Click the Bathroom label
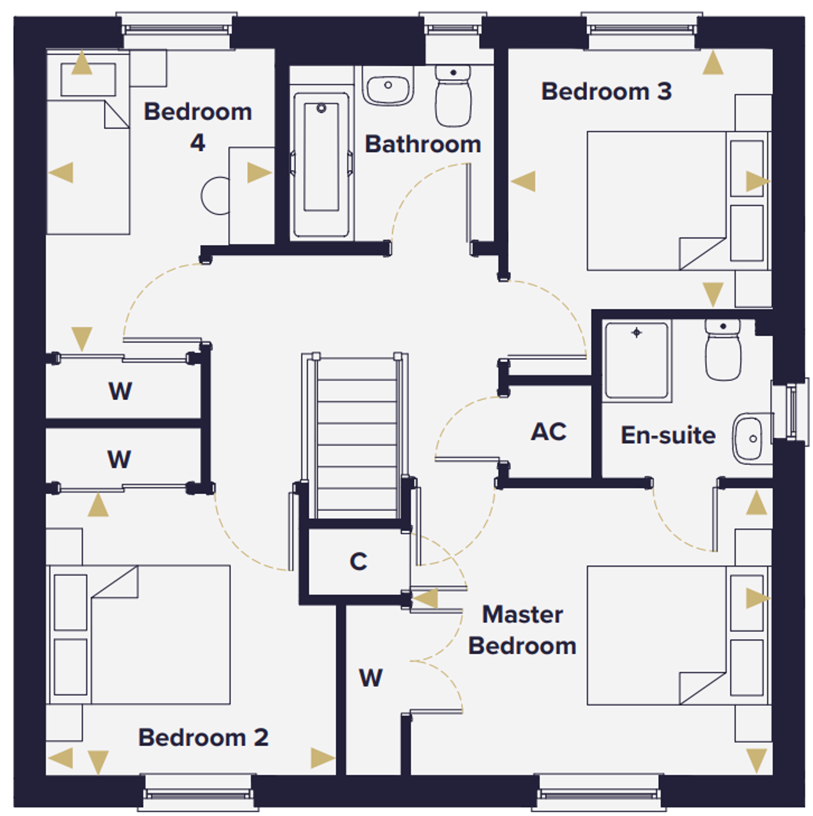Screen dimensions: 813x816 click(x=423, y=144)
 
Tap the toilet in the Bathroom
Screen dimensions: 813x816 click(x=453, y=95)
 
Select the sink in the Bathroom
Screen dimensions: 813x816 click(x=387, y=86)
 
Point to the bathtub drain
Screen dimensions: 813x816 click(x=321, y=108)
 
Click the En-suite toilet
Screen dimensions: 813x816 click(x=723, y=350)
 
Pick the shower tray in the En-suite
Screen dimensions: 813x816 click(x=637, y=361)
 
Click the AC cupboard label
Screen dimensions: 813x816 click(x=548, y=432)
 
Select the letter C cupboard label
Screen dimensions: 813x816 click(x=358, y=561)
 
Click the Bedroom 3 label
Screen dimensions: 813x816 click(x=606, y=91)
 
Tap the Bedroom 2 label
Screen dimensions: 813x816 click(x=203, y=738)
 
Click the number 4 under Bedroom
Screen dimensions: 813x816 click(x=197, y=143)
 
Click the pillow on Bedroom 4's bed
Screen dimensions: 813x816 click(x=88, y=80)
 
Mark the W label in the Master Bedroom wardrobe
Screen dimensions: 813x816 click(x=371, y=678)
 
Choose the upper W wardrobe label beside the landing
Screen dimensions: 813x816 click(x=120, y=391)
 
